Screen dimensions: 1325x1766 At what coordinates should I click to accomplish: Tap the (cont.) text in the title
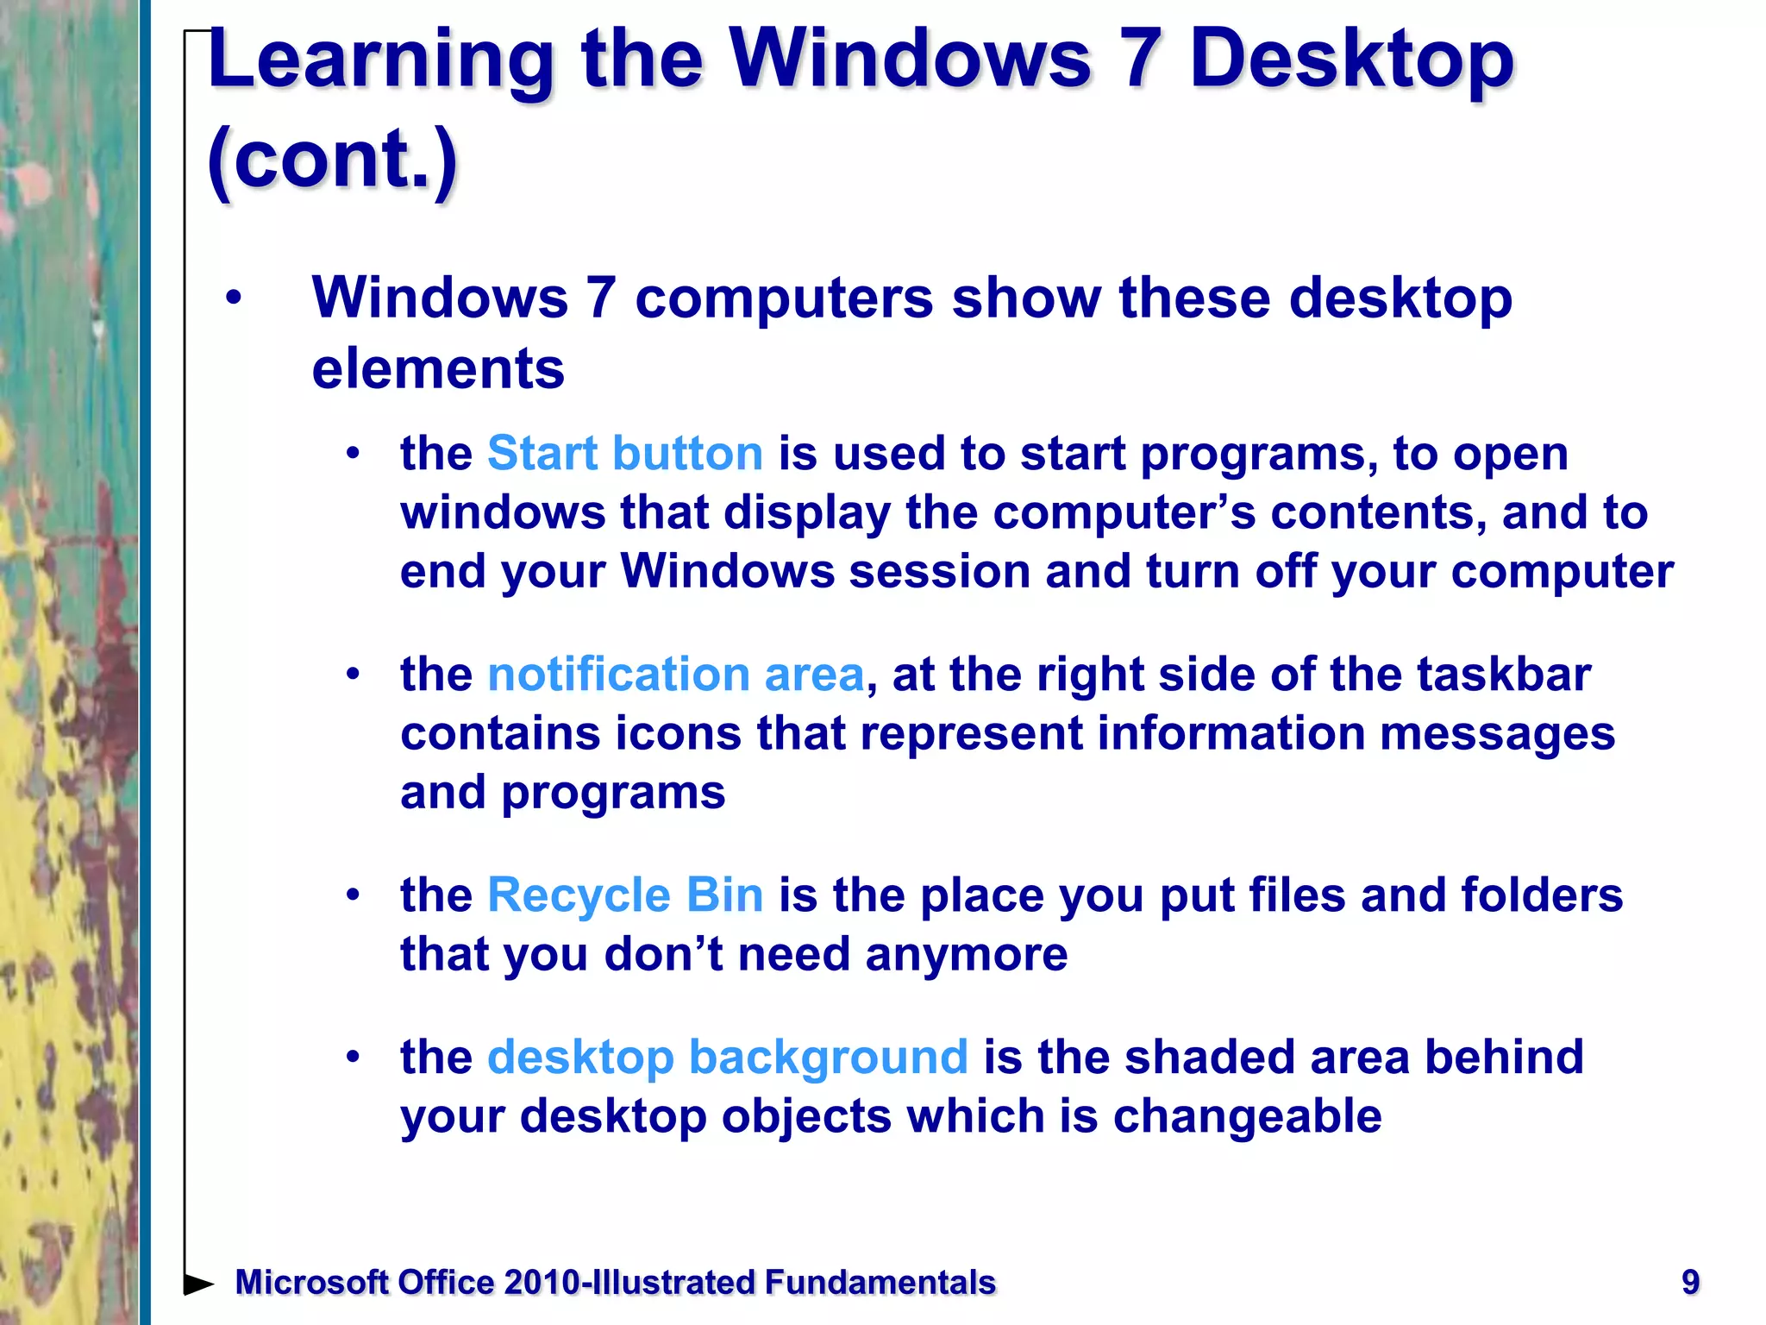332,160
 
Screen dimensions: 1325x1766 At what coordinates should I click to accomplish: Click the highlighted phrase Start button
625,454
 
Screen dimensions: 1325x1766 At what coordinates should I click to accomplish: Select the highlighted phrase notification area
675,675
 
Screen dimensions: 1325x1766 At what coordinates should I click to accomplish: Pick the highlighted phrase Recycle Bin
625,895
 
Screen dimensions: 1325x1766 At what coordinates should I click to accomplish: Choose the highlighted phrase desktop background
727,1058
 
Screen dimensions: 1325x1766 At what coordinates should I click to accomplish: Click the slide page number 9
1690,1282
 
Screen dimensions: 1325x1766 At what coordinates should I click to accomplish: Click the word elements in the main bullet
437,369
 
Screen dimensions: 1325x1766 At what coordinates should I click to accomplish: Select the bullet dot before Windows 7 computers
233,299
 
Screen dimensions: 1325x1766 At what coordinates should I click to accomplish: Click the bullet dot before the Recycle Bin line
352,895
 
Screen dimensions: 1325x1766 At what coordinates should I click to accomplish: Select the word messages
1497,734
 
